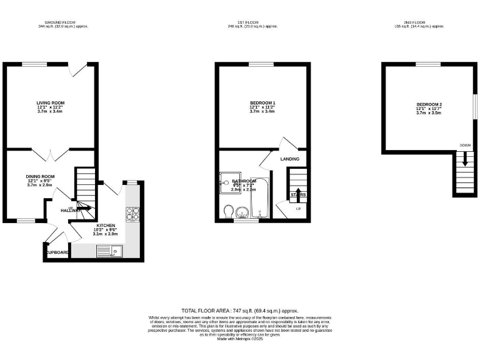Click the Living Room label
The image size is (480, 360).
(x=51, y=103)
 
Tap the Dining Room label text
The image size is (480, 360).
(x=40, y=177)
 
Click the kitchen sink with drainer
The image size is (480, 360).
(x=109, y=251)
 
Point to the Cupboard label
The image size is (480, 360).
(x=57, y=252)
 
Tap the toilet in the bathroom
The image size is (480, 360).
(x=229, y=211)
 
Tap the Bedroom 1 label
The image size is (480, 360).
(x=262, y=103)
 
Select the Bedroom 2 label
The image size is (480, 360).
(x=429, y=104)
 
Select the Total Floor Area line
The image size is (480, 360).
(x=239, y=311)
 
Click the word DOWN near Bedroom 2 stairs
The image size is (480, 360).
(x=465, y=145)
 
